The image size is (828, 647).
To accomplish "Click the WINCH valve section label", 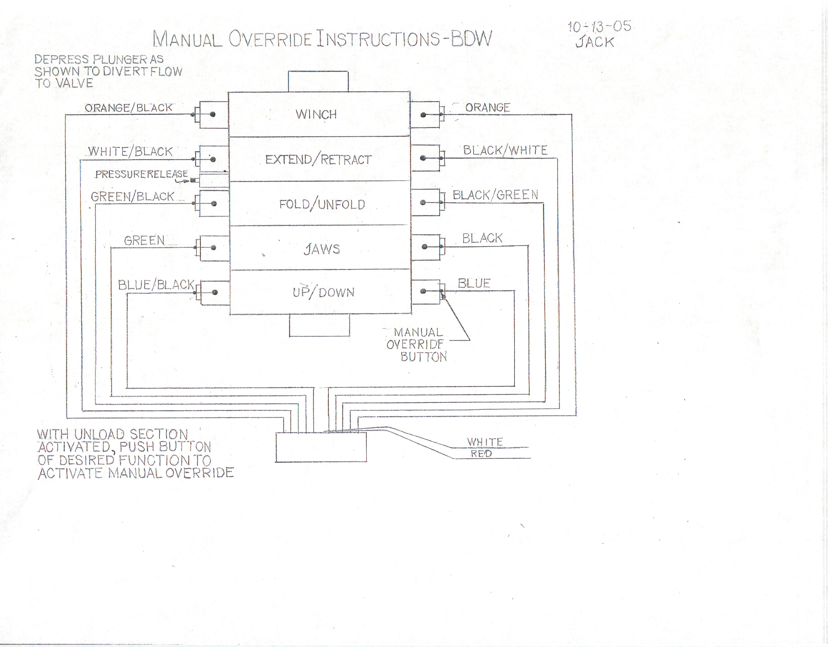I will click(316, 114).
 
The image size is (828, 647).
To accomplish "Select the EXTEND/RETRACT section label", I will click(318, 160).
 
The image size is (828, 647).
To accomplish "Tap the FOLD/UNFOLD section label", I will click(322, 205).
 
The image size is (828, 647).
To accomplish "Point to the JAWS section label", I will click(322, 249).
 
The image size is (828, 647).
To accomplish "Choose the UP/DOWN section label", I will click(323, 292).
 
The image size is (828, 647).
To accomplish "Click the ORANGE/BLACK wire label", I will click(129, 108).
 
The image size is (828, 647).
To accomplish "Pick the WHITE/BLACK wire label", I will click(130, 152).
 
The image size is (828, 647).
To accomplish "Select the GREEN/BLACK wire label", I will click(132, 196).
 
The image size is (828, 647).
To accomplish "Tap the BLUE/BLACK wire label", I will click(156, 285).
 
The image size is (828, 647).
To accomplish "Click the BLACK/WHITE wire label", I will click(505, 150).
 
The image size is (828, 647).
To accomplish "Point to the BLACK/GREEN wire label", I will click(495, 195).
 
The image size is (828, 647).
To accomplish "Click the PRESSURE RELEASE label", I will click(141, 174).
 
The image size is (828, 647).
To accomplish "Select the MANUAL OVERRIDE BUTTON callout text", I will click(417, 344).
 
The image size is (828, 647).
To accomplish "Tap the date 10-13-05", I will click(599, 27).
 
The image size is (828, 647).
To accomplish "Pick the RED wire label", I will click(481, 454).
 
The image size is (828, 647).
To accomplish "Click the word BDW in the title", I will click(471, 38).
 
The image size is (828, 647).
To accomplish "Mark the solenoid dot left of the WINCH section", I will click(213, 114).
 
